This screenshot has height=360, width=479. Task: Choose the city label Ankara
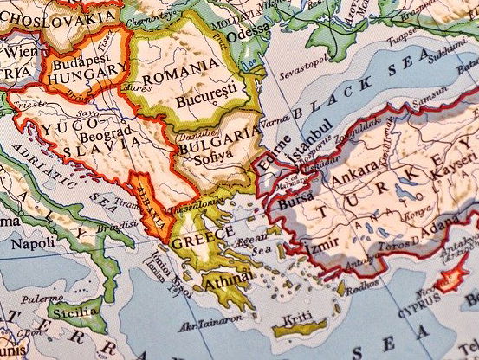coord(355,183)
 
